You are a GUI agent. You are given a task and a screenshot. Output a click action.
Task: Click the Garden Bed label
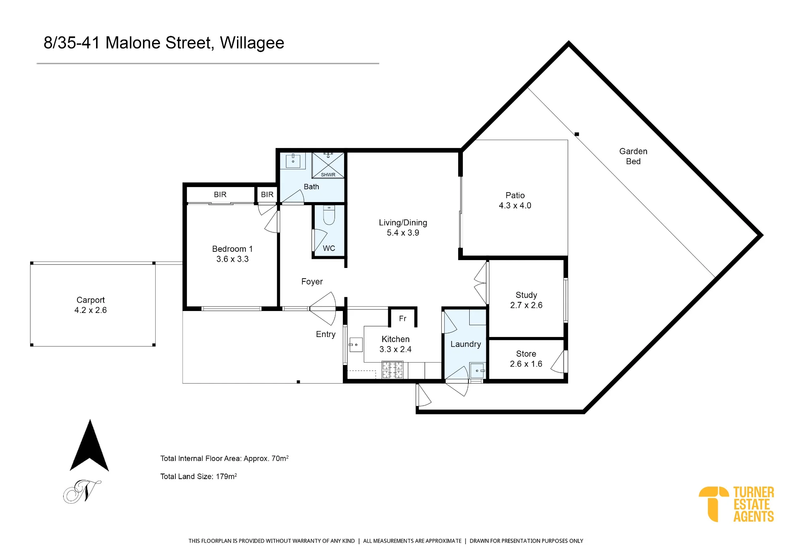pos(633,156)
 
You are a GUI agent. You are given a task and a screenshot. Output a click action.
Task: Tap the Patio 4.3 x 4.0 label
pos(515,200)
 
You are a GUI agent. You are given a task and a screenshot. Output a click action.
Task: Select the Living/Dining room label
pos(403,228)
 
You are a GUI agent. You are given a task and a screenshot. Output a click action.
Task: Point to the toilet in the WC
pos(329,215)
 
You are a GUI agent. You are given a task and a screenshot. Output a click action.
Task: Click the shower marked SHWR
pos(328,165)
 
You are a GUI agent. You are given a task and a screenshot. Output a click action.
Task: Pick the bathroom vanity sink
pos(293,161)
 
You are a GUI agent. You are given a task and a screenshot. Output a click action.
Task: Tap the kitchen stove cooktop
pos(392,370)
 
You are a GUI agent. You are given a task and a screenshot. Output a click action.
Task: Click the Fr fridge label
pos(403,318)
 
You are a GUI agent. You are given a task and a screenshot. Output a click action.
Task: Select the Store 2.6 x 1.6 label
pos(526,359)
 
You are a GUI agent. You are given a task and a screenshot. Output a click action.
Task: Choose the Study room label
pos(526,300)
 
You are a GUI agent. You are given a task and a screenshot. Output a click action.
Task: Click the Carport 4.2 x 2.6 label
pos(90,305)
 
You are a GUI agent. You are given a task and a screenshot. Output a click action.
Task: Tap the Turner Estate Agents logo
pos(736,504)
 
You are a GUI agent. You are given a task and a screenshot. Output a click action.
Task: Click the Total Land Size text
pos(199,476)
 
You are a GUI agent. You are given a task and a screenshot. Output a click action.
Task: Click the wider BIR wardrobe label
pos(220,195)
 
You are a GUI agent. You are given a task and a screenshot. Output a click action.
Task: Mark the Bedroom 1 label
pos(232,254)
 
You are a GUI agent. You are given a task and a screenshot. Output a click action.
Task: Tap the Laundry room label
pos(466,344)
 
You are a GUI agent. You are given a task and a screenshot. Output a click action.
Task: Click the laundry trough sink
pos(478,371)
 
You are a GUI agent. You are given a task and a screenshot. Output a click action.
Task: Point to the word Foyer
pos(312,281)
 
